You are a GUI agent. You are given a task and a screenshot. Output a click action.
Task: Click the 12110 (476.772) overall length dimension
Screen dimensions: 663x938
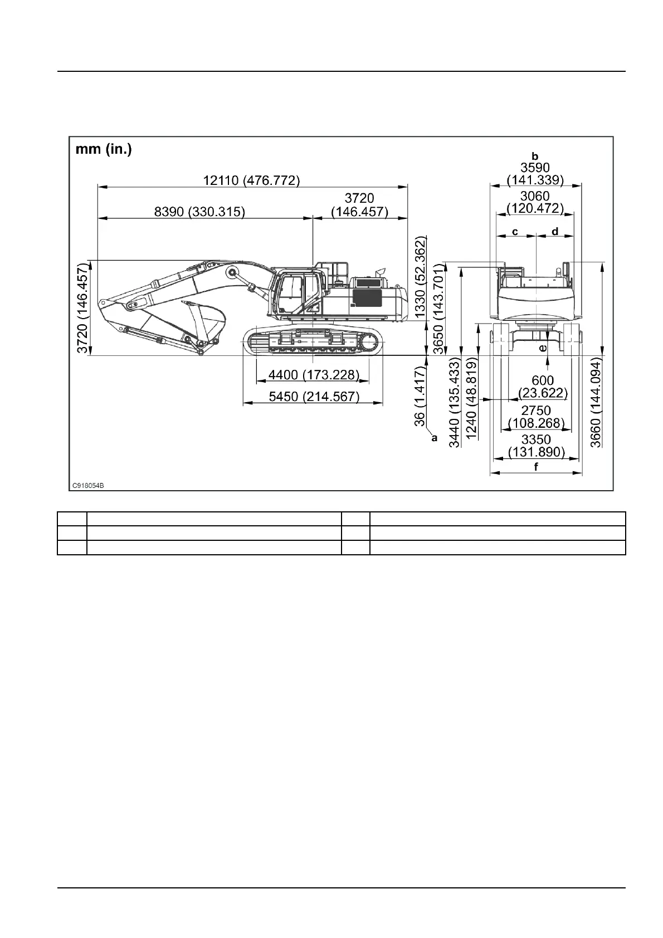pos(251,180)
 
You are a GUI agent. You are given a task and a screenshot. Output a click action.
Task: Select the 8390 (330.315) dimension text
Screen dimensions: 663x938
pos(199,212)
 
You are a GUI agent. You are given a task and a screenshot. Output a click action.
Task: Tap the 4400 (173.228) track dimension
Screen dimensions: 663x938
pos(313,375)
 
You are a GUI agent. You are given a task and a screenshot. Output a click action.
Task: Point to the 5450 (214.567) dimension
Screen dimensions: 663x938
pos(314,397)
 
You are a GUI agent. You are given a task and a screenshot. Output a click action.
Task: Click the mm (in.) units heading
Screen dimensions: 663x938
pos(104,150)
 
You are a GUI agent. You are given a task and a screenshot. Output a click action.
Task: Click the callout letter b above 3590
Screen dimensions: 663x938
pos(535,157)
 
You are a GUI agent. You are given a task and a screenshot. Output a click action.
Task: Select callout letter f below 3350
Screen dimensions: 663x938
pos(536,467)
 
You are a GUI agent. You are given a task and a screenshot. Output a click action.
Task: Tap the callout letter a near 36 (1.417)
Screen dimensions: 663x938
pos(434,438)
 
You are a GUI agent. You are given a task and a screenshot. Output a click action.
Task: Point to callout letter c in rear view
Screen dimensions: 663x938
pos(515,231)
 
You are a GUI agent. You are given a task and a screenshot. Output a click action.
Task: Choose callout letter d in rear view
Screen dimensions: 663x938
pos(555,231)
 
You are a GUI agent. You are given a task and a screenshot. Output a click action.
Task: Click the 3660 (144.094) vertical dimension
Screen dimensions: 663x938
pos(596,400)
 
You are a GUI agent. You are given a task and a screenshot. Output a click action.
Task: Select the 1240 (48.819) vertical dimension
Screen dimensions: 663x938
pos(471,399)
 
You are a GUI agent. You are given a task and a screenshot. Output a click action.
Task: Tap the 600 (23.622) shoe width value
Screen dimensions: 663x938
pos(543,387)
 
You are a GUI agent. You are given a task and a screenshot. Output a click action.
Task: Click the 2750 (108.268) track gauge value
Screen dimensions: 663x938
pos(536,417)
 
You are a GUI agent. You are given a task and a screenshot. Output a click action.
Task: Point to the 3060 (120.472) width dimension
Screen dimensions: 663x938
pos(535,202)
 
